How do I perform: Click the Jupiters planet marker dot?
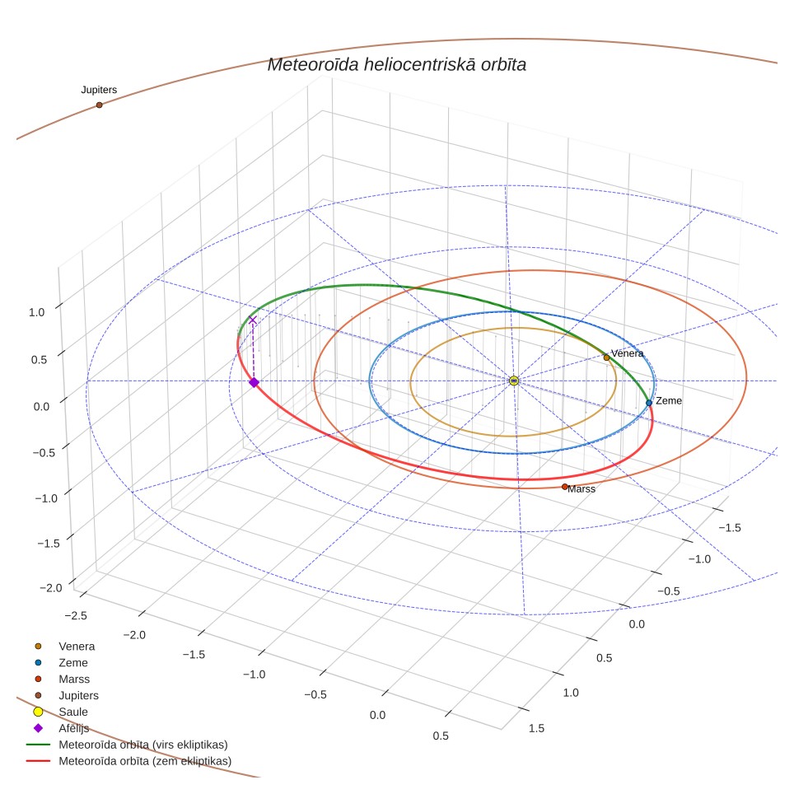[99, 105]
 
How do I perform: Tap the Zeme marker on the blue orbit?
[649, 403]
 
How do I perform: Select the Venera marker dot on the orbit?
[606, 357]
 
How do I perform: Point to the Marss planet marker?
[564, 487]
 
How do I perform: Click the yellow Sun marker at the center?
[513, 381]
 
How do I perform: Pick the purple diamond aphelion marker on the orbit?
[254, 382]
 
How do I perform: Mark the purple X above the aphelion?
[253, 320]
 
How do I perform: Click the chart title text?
[396, 64]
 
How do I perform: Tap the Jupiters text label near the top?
[99, 90]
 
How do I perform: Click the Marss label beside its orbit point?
[581, 488]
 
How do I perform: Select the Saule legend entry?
[60, 712]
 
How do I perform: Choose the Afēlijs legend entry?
[61, 728]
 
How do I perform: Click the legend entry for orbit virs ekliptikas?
[127, 745]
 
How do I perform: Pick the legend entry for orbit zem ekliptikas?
[129, 761]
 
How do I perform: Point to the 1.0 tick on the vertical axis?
[36, 312]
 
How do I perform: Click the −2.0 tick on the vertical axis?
[50, 588]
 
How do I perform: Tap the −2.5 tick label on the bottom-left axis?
[76, 616]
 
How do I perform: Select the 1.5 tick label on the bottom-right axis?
[536, 728]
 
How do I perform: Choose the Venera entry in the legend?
[63, 646]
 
